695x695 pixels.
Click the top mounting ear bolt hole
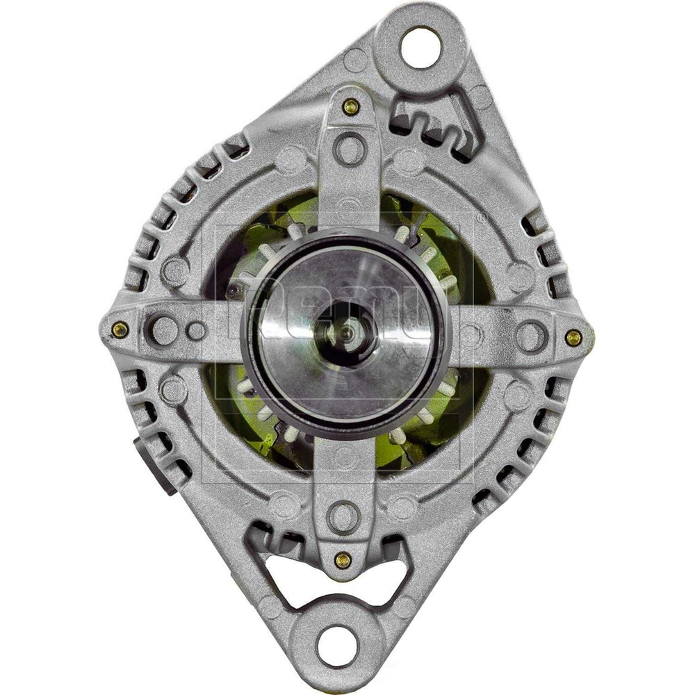click(422, 47)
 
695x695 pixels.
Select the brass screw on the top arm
click(351, 106)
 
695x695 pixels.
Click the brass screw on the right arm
click(573, 338)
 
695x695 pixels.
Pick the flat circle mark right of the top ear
click(480, 97)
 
